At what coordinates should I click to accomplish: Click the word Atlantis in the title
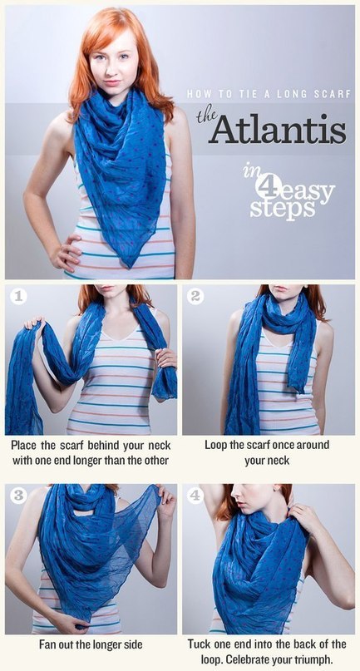(x=279, y=129)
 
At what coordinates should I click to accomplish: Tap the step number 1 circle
(x=18, y=297)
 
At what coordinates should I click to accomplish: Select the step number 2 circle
(x=195, y=297)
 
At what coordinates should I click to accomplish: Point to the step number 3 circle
(x=18, y=495)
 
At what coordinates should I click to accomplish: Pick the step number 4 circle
(x=195, y=495)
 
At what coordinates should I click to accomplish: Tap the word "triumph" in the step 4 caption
(x=312, y=658)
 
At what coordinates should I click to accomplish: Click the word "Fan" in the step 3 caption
(x=47, y=644)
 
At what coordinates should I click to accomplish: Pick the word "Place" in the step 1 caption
(x=24, y=445)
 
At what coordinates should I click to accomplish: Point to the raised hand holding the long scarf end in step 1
(x=35, y=323)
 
